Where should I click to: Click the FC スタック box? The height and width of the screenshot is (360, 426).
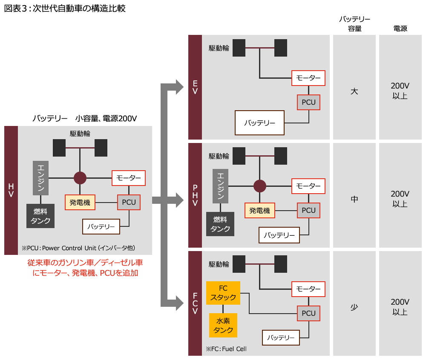tap(223, 293)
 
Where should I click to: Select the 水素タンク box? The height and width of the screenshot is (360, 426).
tap(223, 326)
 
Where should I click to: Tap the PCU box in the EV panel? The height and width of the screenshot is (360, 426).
tap(308, 102)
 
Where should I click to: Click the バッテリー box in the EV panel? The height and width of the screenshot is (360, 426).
tap(259, 123)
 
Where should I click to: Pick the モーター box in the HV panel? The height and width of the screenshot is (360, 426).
tap(129, 178)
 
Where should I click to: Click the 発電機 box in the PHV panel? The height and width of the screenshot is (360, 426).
tap(259, 210)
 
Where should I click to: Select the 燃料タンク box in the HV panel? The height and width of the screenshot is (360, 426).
tap(40, 216)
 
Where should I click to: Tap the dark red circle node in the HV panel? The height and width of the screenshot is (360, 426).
tap(80, 177)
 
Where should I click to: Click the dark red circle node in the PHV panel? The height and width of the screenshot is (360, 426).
tap(259, 186)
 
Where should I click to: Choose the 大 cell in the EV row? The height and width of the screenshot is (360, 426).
tap(354, 91)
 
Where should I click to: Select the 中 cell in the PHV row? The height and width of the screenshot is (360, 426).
tap(354, 199)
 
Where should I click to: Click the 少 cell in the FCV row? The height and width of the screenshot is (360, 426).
tap(354, 307)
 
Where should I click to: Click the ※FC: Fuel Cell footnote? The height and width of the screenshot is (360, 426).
tap(226, 349)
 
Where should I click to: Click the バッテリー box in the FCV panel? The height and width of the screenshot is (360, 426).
tap(281, 337)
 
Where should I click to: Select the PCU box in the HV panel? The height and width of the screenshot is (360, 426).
tap(129, 202)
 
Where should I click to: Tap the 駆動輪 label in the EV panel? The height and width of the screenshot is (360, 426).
tap(219, 48)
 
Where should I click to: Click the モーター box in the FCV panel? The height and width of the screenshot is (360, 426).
tap(308, 289)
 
